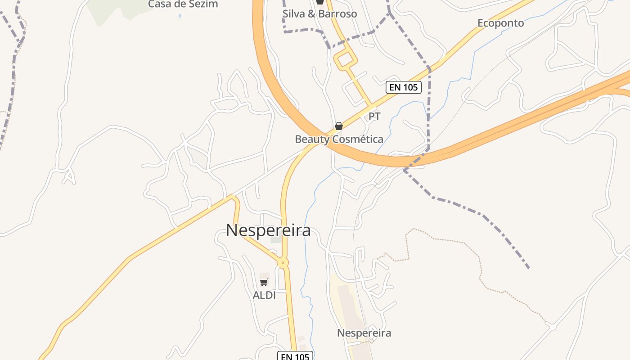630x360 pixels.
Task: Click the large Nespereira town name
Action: click(x=268, y=230)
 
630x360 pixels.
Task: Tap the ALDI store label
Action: click(x=264, y=295)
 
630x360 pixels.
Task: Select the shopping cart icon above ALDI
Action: click(x=264, y=282)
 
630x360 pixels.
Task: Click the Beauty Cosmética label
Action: click(x=339, y=139)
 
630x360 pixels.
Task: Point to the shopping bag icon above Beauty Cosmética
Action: click(x=339, y=126)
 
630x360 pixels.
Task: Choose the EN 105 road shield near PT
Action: click(x=404, y=87)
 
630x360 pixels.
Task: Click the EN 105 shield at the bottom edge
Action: click(x=295, y=356)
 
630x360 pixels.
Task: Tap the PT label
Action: click(x=374, y=117)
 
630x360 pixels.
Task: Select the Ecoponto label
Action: click(x=500, y=23)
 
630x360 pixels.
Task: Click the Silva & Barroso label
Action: click(x=319, y=14)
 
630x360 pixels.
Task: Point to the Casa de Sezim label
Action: click(x=183, y=4)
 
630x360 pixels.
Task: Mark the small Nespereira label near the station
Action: click(x=364, y=333)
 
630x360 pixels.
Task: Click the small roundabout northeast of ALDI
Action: click(x=283, y=262)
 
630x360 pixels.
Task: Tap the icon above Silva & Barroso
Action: click(x=320, y=2)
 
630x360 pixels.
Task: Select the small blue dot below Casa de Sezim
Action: click(x=180, y=16)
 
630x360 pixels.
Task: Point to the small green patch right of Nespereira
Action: click(x=276, y=240)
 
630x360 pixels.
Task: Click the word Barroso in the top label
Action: click(x=337, y=14)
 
